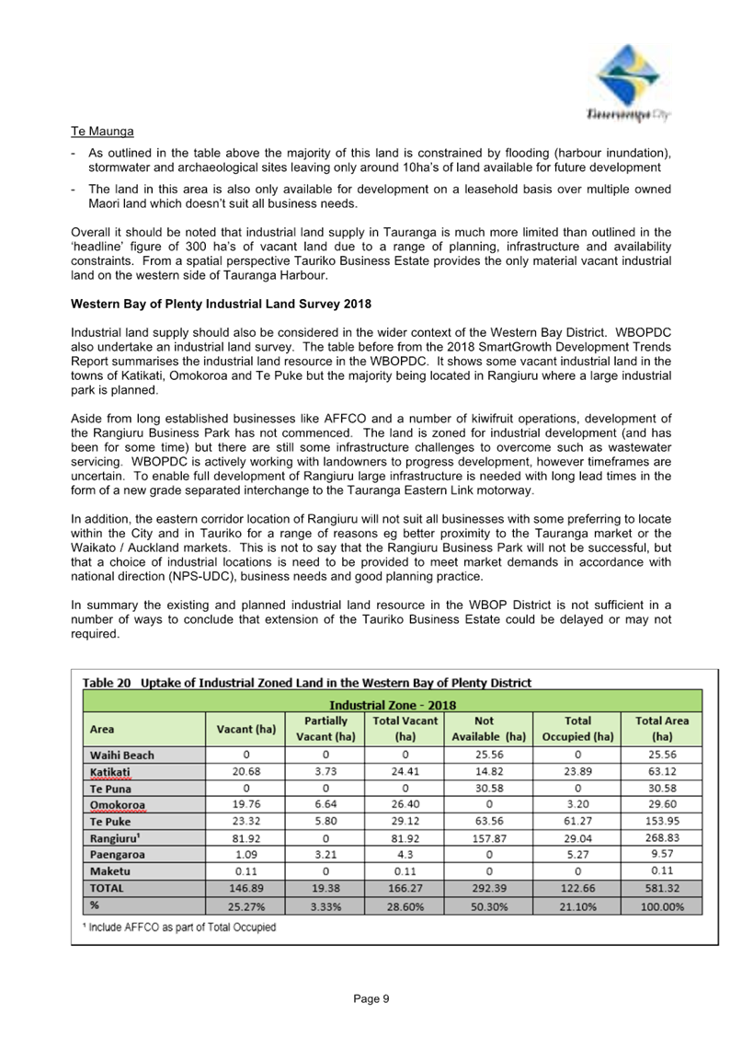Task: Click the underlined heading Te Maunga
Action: [103, 132]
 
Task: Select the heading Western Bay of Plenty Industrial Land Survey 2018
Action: [221, 304]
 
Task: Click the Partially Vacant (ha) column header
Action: [325, 728]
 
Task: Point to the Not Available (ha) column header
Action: [489, 728]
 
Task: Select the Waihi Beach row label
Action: [122, 755]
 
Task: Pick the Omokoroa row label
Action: [118, 805]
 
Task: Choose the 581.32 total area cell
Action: [662, 888]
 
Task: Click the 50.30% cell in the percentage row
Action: [489, 905]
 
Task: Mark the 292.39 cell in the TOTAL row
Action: [489, 888]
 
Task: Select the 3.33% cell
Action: [325, 905]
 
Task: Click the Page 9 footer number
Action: [372, 998]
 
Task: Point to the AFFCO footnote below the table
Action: [179, 927]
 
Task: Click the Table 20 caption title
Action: [307, 683]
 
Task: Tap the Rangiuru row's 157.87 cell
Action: [489, 838]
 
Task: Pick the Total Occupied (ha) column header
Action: [577, 728]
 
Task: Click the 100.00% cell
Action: [662, 905]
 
